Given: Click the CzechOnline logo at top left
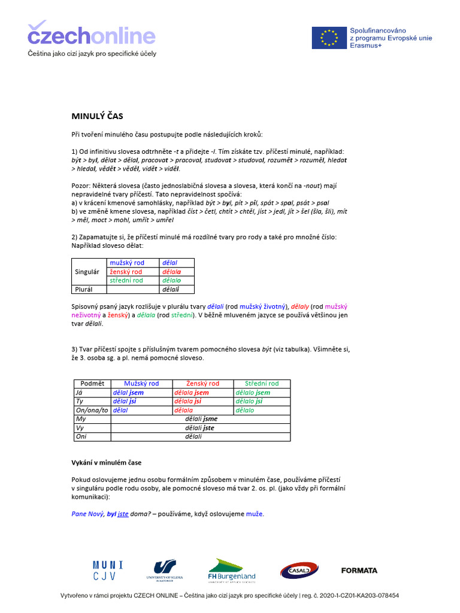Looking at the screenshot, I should [x=91, y=34].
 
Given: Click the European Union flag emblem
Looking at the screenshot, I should [x=328, y=38].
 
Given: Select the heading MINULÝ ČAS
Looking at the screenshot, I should [x=97, y=116].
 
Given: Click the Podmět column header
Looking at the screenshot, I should [x=92, y=383].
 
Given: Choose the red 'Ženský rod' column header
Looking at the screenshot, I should [x=202, y=383].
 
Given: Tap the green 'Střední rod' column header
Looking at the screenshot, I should [x=262, y=383].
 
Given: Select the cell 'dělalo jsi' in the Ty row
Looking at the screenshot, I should [x=249, y=402].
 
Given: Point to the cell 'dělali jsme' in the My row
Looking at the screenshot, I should [x=201, y=419].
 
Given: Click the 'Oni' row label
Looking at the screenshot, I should [x=81, y=437].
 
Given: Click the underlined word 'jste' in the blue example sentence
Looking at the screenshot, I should [x=123, y=514].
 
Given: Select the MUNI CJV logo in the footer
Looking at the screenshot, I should [x=108, y=570].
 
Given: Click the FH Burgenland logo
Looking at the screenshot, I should [x=232, y=570].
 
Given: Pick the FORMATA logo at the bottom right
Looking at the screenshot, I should [x=359, y=570].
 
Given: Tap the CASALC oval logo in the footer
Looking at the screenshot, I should [x=299, y=571].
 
